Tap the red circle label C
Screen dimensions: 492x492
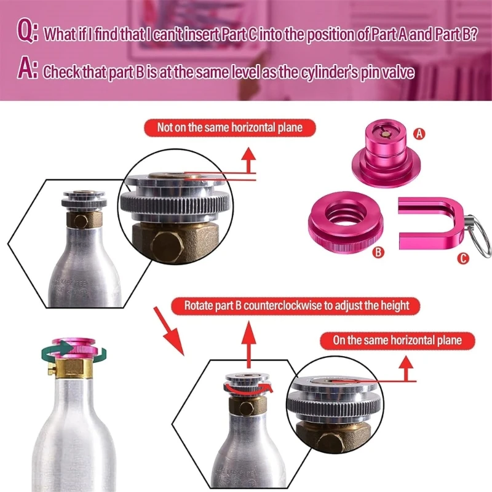click(x=462, y=259)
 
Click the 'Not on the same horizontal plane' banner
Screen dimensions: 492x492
click(x=231, y=128)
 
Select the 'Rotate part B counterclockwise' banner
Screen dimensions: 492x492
click(x=296, y=305)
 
